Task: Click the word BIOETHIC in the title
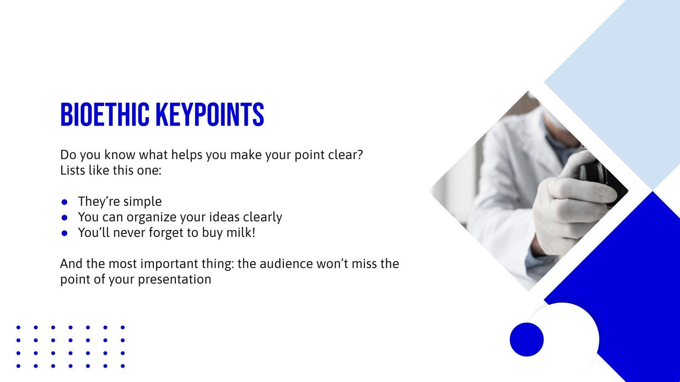[105, 115]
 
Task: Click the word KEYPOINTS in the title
[210, 115]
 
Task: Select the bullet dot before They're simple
[64, 202]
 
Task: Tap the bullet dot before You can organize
[64, 217]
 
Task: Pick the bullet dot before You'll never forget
[64, 233]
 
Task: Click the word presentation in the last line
[175, 280]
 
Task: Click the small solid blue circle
[527, 339]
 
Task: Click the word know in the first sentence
[120, 154]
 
